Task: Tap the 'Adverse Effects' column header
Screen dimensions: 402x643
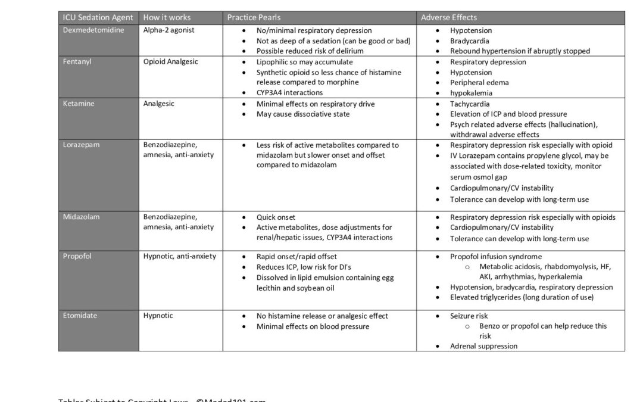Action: [x=448, y=17]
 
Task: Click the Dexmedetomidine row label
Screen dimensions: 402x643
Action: [x=93, y=30]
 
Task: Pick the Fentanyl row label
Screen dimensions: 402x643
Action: [x=78, y=62]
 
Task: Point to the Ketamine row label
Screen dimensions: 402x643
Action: [x=79, y=104]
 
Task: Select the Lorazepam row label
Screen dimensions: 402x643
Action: [x=81, y=145]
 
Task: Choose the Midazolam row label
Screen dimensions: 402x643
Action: [x=82, y=217]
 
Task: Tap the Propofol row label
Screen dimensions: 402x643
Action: [x=77, y=257]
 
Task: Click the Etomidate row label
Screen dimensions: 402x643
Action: [x=80, y=316]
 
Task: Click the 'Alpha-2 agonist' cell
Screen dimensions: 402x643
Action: [x=168, y=30]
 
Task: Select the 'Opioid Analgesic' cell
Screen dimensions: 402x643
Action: [x=171, y=62]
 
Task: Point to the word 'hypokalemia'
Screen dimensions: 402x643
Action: [x=471, y=93]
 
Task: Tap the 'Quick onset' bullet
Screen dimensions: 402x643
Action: [x=276, y=217]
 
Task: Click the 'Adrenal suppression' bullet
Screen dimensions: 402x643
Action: [x=483, y=346]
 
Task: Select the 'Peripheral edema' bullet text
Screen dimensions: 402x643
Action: [x=479, y=83]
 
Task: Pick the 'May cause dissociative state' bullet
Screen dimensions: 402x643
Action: [x=303, y=114]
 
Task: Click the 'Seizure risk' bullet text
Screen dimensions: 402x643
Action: [x=470, y=316]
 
